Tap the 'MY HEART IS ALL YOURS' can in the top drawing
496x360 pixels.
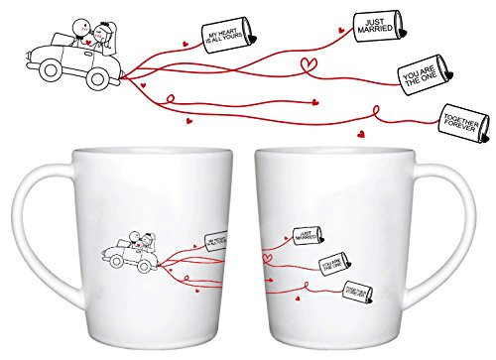click(x=227, y=39)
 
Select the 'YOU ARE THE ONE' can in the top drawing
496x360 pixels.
click(x=416, y=75)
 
